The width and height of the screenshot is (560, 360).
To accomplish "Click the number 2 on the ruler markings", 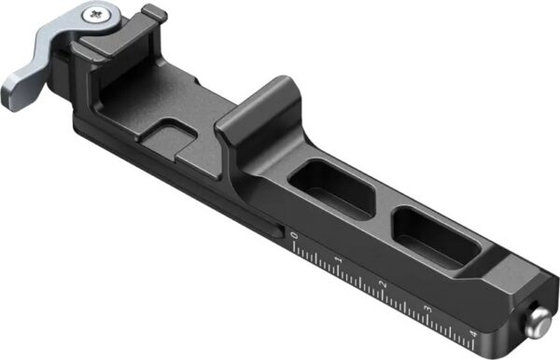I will click(x=384, y=283).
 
